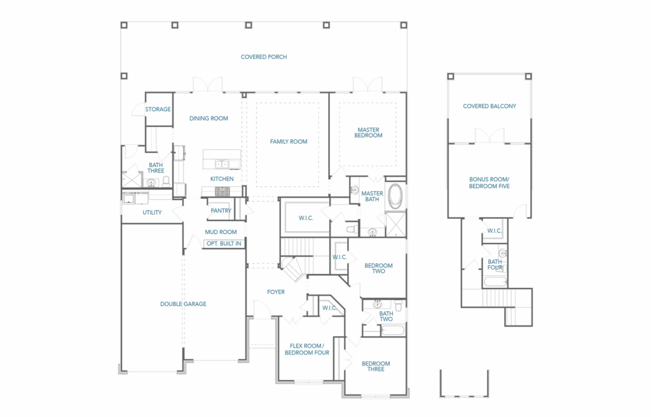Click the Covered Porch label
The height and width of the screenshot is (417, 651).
point(264,57)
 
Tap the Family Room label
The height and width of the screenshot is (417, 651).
point(289,142)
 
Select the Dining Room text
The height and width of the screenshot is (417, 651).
point(209,118)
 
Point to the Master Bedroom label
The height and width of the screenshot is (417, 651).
point(368,132)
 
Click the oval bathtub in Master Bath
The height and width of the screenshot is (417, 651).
point(395,196)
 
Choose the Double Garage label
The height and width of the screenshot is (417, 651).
point(183,304)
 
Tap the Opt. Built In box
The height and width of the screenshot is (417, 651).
point(224,243)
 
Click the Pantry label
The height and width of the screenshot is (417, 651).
point(221,210)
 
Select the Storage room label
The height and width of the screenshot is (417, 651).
point(158,109)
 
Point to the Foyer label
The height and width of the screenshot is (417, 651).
point(276,292)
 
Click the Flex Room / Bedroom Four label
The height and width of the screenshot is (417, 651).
point(307,349)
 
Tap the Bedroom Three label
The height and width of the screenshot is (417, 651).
point(376,366)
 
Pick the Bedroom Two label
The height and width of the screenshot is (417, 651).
point(378,268)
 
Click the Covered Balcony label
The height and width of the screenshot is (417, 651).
point(490,106)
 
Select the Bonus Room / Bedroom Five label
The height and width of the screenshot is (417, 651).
point(489,182)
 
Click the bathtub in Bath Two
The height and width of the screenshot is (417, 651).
point(392,331)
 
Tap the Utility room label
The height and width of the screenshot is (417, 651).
point(152,213)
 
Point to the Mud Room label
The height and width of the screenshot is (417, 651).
point(221,232)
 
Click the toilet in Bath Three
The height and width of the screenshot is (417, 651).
point(166,182)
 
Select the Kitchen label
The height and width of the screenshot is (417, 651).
point(222,179)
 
